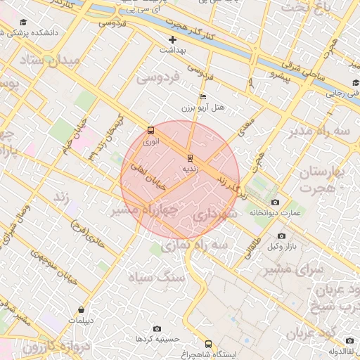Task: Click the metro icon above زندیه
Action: click(189, 157)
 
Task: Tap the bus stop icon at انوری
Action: click(150, 130)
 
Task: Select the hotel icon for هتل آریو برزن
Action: click(203, 96)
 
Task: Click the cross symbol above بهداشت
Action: click(172, 39)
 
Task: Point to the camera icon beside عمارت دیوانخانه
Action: click(274, 202)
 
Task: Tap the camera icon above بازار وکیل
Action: click(281, 236)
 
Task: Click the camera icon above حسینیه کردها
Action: click(156, 328)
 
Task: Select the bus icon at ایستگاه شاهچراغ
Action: click(208, 344)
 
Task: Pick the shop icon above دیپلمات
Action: click(82, 309)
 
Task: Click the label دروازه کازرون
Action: click(32, 346)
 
